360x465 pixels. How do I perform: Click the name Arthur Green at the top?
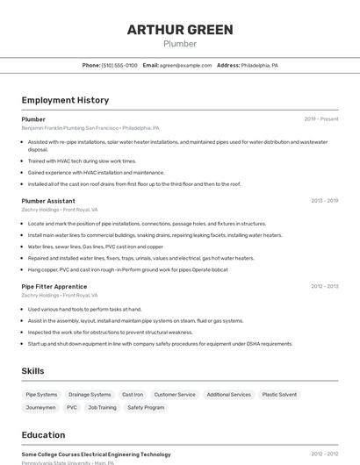(180, 30)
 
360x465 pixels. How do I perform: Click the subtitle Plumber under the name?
(180, 43)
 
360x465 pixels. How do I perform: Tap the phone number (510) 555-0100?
(119, 65)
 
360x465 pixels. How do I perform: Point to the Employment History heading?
(65, 100)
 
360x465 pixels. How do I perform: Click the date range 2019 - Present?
(321, 119)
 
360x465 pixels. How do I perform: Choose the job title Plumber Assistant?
(48, 201)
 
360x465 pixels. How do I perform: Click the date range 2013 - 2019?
(324, 201)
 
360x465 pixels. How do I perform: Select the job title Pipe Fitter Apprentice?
(54, 286)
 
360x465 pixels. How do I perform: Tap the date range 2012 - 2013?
(324, 286)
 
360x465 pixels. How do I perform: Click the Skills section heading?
(33, 371)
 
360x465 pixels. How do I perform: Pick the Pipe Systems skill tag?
(41, 395)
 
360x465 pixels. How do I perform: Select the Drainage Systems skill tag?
(90, 395)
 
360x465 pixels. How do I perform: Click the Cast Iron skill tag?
(133, 395)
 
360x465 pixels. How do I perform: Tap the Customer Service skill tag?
(175, 395)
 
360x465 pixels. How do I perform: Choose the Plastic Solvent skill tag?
(279, 395)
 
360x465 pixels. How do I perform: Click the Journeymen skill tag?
(40, 407)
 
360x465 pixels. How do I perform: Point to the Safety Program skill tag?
(146, 407)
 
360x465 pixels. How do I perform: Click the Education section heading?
(43, 434)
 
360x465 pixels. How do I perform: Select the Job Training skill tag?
(102, 407)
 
